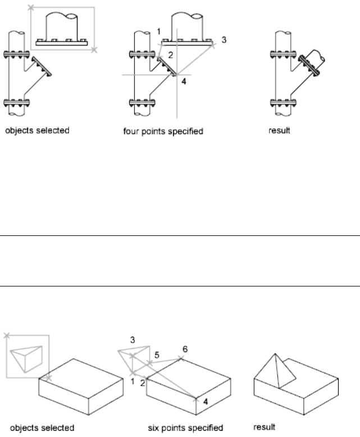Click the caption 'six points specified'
tap(179, 427)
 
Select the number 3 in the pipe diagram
tap(224, 40)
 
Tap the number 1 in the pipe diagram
tap(159, 30)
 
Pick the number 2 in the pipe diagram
tap(171, 54)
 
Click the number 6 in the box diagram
tap(185, 348)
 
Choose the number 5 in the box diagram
tap(157, 355)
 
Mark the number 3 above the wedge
tap(133, 340)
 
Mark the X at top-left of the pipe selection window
tap(31, 8)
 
